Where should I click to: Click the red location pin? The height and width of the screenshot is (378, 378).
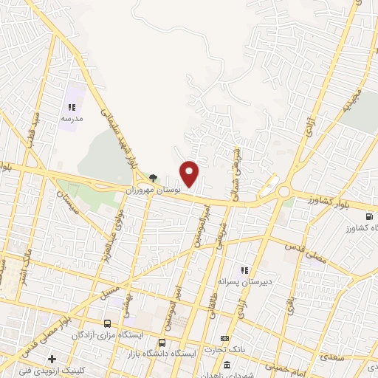click(x=190, y=174)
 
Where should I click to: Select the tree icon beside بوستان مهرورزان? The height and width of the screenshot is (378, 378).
click(x=152, y=178)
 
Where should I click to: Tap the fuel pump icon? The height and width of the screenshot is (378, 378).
click(x=368, y=217)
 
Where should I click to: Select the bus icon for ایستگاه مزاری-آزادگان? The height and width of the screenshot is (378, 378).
click(x=108, y=323)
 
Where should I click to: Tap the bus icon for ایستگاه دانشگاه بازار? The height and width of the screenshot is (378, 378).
click(x=162, y=343)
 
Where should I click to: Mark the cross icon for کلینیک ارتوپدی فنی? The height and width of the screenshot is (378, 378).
click(x=52, y=359)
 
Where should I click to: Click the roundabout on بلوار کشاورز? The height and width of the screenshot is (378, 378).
click(x=284, y=191)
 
